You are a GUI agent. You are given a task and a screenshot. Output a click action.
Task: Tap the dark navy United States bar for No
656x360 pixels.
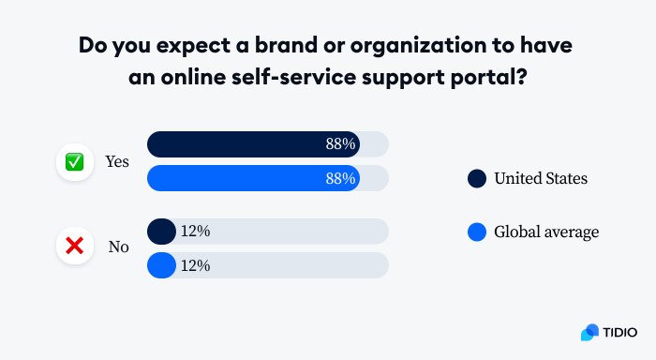tap(161, 232)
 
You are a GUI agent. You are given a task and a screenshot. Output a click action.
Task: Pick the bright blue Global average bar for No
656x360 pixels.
tap(161, 265)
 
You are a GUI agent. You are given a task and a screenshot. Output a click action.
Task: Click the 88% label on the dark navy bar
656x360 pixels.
tap(340, 144)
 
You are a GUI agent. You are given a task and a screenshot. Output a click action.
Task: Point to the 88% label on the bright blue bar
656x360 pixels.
tap(340, 178)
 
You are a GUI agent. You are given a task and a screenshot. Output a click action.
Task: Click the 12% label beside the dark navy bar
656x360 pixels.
tap(195, 232)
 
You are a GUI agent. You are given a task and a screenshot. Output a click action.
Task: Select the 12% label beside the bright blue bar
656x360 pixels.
tap(195, 265)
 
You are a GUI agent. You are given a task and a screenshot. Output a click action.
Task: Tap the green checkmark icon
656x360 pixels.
tap(74, 162)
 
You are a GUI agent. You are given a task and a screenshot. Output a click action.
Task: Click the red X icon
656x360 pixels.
tap(74, 247)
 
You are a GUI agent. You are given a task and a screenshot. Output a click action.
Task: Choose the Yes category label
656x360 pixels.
tap(117, 162)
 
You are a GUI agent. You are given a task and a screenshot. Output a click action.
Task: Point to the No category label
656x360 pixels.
tap(118, 247)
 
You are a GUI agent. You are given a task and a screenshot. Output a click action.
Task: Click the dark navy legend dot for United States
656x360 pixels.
tap(477, 178)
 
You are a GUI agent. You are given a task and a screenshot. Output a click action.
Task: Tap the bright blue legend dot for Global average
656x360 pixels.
tap(477, 232)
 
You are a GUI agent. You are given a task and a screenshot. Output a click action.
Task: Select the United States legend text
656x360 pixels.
tap(541, 178)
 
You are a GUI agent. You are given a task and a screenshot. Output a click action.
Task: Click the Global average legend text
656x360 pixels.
tap(545, 232)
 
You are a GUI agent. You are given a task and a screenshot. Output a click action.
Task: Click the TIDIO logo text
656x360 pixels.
tap(619, 332)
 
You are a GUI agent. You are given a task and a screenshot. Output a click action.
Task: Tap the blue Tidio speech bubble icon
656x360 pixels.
tap(589, 332)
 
